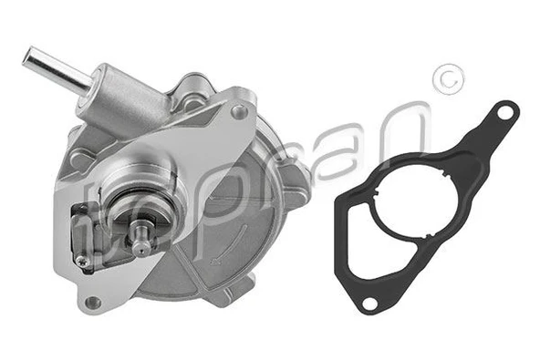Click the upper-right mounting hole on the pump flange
239,112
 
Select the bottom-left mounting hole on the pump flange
92,302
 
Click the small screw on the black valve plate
83,262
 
